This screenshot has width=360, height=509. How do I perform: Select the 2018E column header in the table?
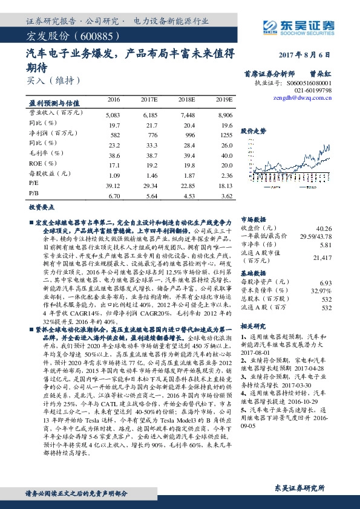pyautogui.click(x=186, y=99)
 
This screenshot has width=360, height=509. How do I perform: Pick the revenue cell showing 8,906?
pyautogui.click(x=224, y=114)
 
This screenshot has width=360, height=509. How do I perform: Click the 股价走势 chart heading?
pyautogui.click(x=253, y=131)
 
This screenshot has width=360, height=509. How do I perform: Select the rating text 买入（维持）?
pyautogui.click(x=54, y=80)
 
